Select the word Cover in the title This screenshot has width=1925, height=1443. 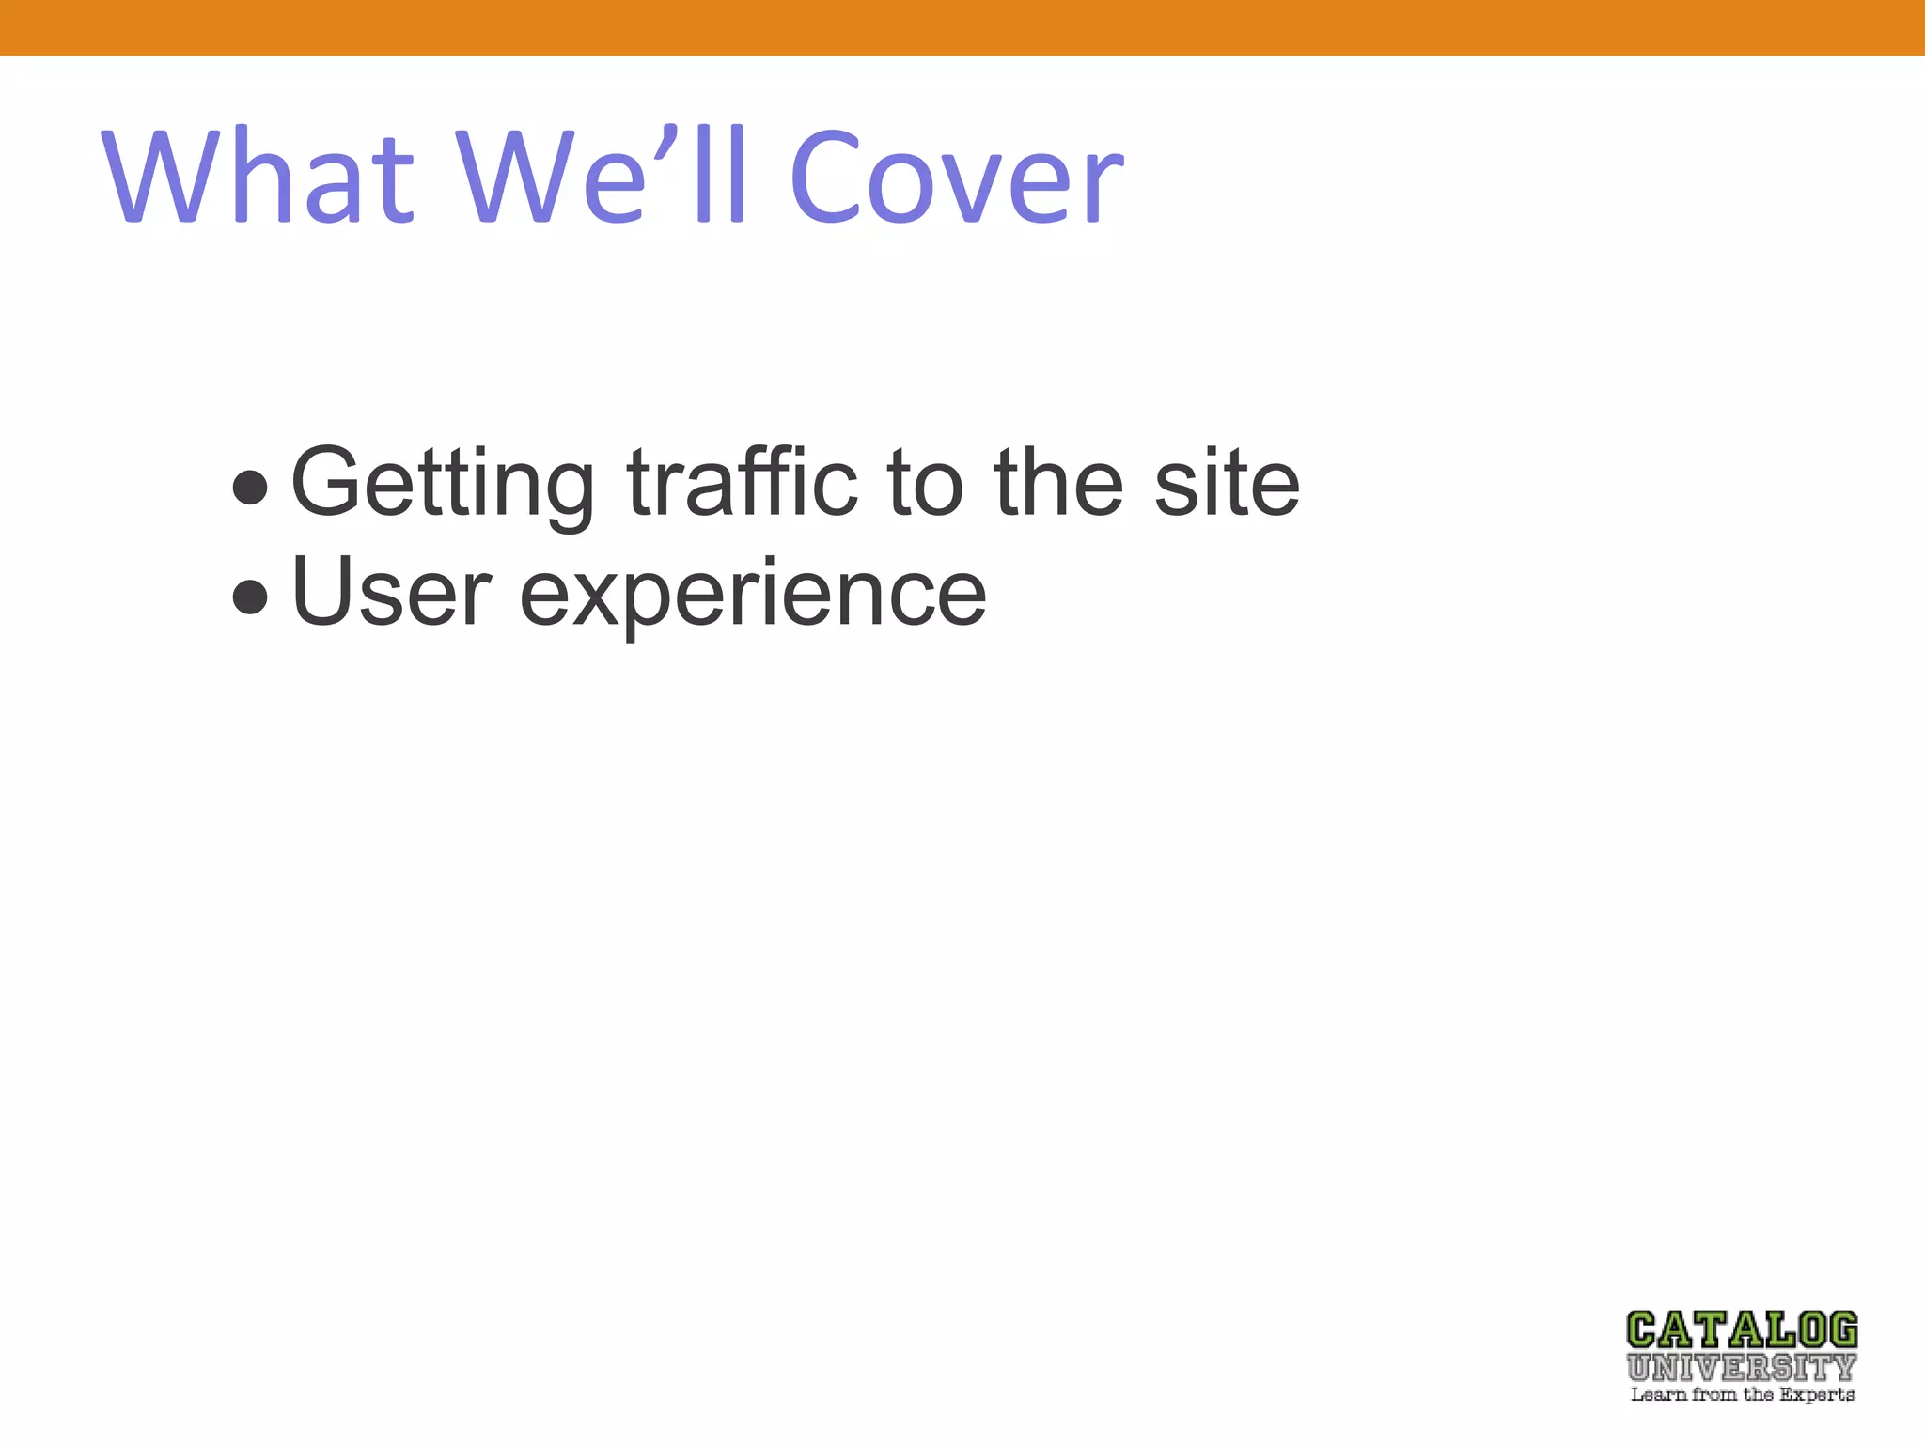(956, 178)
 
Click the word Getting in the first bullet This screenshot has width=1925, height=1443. (443, 484)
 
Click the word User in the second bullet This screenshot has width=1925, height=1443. (392, 592)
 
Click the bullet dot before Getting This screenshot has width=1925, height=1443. (250, 488)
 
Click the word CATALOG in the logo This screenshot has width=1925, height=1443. (1742, 1331)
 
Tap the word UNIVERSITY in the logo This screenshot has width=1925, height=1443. (1742, 1367)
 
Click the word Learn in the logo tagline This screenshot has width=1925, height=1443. (1659, 1395)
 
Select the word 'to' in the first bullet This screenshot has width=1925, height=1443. (926, 483)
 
